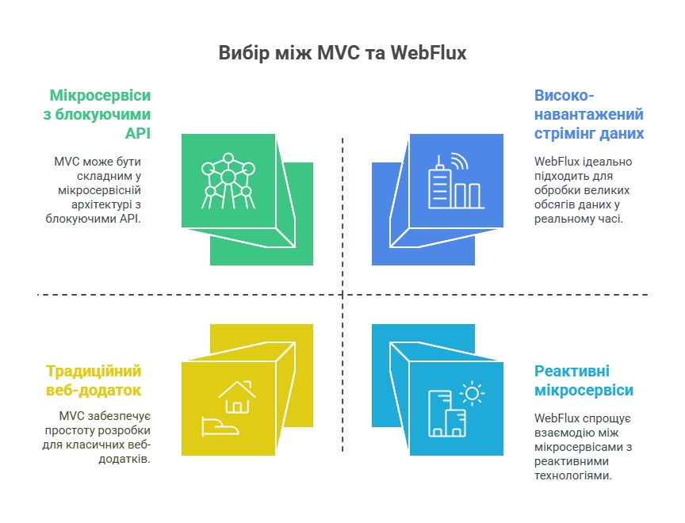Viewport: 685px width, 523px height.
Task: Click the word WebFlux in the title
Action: (x=428, y=53)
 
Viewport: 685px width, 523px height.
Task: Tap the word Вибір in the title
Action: (x=244, y=53)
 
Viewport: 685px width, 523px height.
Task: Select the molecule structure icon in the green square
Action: (x=228, y=181)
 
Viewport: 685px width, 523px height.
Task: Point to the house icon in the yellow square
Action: (x=237, y=397)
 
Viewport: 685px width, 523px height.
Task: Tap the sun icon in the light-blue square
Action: (x=472, y=394)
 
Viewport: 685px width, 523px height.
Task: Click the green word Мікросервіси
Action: (x=100, y=95)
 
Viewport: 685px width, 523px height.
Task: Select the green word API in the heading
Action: (x=138, y=132)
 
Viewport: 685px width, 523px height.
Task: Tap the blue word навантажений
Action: (x=589, y=114)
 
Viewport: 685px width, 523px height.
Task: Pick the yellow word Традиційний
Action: (x=94, y=371)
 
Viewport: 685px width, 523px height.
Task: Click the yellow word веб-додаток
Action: (x=94, y=390)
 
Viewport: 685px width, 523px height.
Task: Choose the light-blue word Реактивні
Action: (x=572, y=371)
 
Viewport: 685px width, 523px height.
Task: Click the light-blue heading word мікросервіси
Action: (x=584, y=390)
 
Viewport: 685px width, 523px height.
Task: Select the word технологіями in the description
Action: (x=572, y=475)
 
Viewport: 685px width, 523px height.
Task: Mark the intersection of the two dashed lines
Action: (x=342, y=295)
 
